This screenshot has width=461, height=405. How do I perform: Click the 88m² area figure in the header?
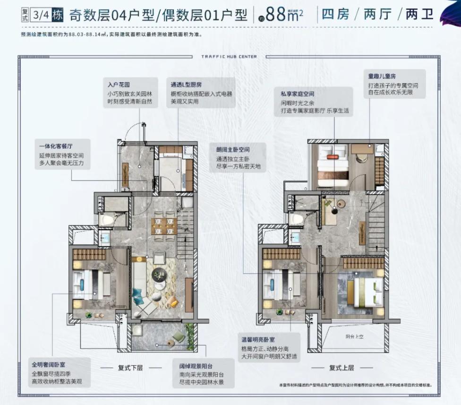(284, 15)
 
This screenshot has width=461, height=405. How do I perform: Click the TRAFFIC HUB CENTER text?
(229, 57)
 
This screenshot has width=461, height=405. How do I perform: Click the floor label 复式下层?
(130, 368)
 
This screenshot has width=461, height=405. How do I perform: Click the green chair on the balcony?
(179, 336)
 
